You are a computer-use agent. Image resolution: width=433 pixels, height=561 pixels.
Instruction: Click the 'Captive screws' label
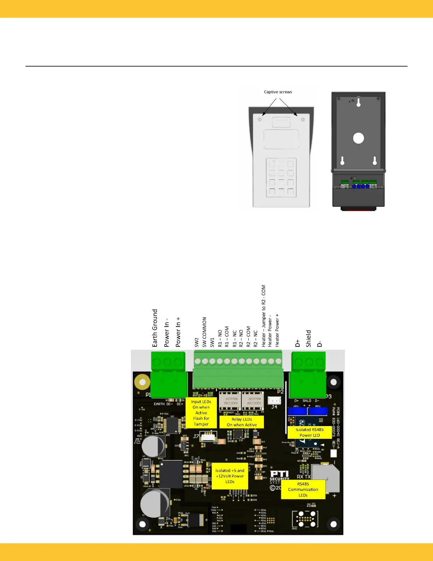click(x=278, y=92)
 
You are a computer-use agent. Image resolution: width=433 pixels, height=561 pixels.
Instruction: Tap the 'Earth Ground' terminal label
click(x=155, y=328)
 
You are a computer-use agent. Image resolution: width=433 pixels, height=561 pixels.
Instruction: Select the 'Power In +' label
click(x=178, y=332)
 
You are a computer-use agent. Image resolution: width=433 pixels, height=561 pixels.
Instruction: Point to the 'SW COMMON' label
click(x=204, y=332)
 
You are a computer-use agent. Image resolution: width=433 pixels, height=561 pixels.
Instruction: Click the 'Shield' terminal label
click(x=308, y=338)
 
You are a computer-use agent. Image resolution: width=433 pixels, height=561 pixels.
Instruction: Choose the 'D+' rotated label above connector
click(x=298, y=343)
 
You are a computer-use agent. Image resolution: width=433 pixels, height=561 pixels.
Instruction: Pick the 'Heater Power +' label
click(x=277, y=330)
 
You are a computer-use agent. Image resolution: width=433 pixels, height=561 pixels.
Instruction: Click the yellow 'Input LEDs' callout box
click(x=201, y=413)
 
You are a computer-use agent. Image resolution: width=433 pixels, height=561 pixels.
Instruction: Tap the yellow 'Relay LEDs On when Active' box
click(x=242, y=422)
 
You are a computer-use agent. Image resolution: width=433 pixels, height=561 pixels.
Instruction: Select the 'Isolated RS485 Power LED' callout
click(x=310, y=432)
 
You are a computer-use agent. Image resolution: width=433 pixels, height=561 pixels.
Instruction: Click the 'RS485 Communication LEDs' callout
click(x=303, y=489)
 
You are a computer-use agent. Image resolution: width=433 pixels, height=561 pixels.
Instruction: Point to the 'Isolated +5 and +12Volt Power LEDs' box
click(x=230, y=476)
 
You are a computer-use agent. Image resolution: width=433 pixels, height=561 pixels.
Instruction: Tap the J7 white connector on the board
click(x=208, y=436)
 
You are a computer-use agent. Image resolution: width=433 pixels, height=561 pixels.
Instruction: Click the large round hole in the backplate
click(x=358, y=138)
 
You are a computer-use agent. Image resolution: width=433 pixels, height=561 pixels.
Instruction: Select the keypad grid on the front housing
click(x=281, y=177)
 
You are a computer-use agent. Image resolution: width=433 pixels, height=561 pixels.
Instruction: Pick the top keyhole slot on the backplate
click(x=358, y=102)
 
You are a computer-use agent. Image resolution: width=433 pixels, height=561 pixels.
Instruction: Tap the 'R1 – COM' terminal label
click(x=227, y=336)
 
